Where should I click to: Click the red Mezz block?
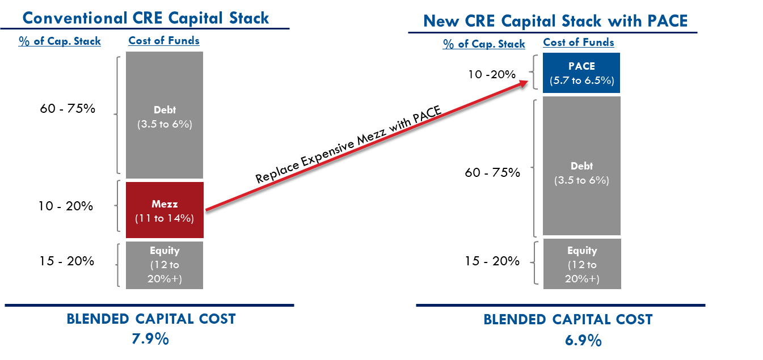tap(165, 210)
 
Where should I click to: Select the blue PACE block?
tap(581, 73)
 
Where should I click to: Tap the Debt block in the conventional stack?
tap(165, 115)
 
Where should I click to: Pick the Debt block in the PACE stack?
tap(582, 166)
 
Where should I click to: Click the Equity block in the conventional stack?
tap(165, 265)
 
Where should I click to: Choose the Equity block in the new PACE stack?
tap(582, 264)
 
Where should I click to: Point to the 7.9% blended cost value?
tap(150, 339)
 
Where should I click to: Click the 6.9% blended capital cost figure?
tap(583, 340)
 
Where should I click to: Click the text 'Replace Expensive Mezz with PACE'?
tap(348, 144)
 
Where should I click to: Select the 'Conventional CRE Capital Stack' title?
tap(146, 18)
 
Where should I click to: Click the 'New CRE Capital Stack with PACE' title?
tap(555, 21)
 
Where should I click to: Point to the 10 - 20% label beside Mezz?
tap(65, 206)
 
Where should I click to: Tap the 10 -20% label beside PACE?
tap(492, 74)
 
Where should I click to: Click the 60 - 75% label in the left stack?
tap(68, 108)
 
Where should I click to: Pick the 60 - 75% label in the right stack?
tap(492, 172)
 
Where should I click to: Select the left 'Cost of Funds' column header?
tap(164, 40)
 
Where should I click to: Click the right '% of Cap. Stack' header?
tap(484, 44)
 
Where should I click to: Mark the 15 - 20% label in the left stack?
tap(67, 261)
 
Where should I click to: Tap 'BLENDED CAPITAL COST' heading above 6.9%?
tap(568, 320)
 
